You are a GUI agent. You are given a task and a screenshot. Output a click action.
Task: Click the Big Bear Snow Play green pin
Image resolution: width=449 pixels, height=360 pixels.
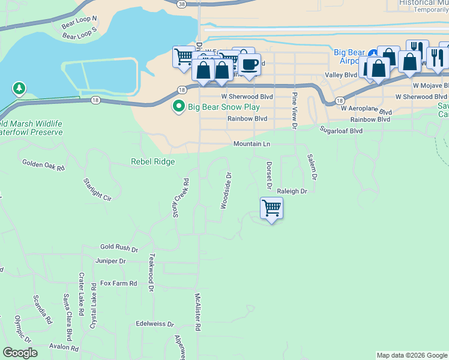(178, 107)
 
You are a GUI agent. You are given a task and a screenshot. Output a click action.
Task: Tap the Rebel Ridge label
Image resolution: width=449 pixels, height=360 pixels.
(153, 161)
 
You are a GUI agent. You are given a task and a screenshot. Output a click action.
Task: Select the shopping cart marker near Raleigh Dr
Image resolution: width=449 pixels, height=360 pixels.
(271, 208)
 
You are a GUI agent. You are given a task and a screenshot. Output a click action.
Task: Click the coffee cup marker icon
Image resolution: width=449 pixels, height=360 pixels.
(249, 64)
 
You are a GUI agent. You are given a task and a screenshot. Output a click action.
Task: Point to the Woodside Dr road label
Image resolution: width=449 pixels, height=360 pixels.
(226, 191)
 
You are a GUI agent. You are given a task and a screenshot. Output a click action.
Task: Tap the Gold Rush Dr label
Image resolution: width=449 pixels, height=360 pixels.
(119, 247)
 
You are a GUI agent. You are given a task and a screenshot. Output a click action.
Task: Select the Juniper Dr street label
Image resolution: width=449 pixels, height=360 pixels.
(110, 261)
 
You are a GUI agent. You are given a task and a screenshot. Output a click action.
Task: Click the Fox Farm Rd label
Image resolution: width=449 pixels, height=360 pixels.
(118, 283)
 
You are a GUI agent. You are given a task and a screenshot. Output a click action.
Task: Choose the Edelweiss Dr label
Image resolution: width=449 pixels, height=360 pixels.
(155, 324)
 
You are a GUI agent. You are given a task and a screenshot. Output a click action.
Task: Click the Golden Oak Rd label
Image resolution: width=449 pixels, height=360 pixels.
(43, 163)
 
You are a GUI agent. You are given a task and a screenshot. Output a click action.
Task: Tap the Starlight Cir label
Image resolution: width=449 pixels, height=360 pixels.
(98, 189)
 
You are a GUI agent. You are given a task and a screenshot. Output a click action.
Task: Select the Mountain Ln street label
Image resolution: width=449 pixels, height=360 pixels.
(252, 144)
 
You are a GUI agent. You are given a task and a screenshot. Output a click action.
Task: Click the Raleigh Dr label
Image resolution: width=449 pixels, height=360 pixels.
(292, 191)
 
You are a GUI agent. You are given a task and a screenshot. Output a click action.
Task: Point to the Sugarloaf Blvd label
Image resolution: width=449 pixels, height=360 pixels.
(341, 130)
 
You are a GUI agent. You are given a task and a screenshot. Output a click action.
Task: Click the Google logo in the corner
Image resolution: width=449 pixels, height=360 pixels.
(20, 353)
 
